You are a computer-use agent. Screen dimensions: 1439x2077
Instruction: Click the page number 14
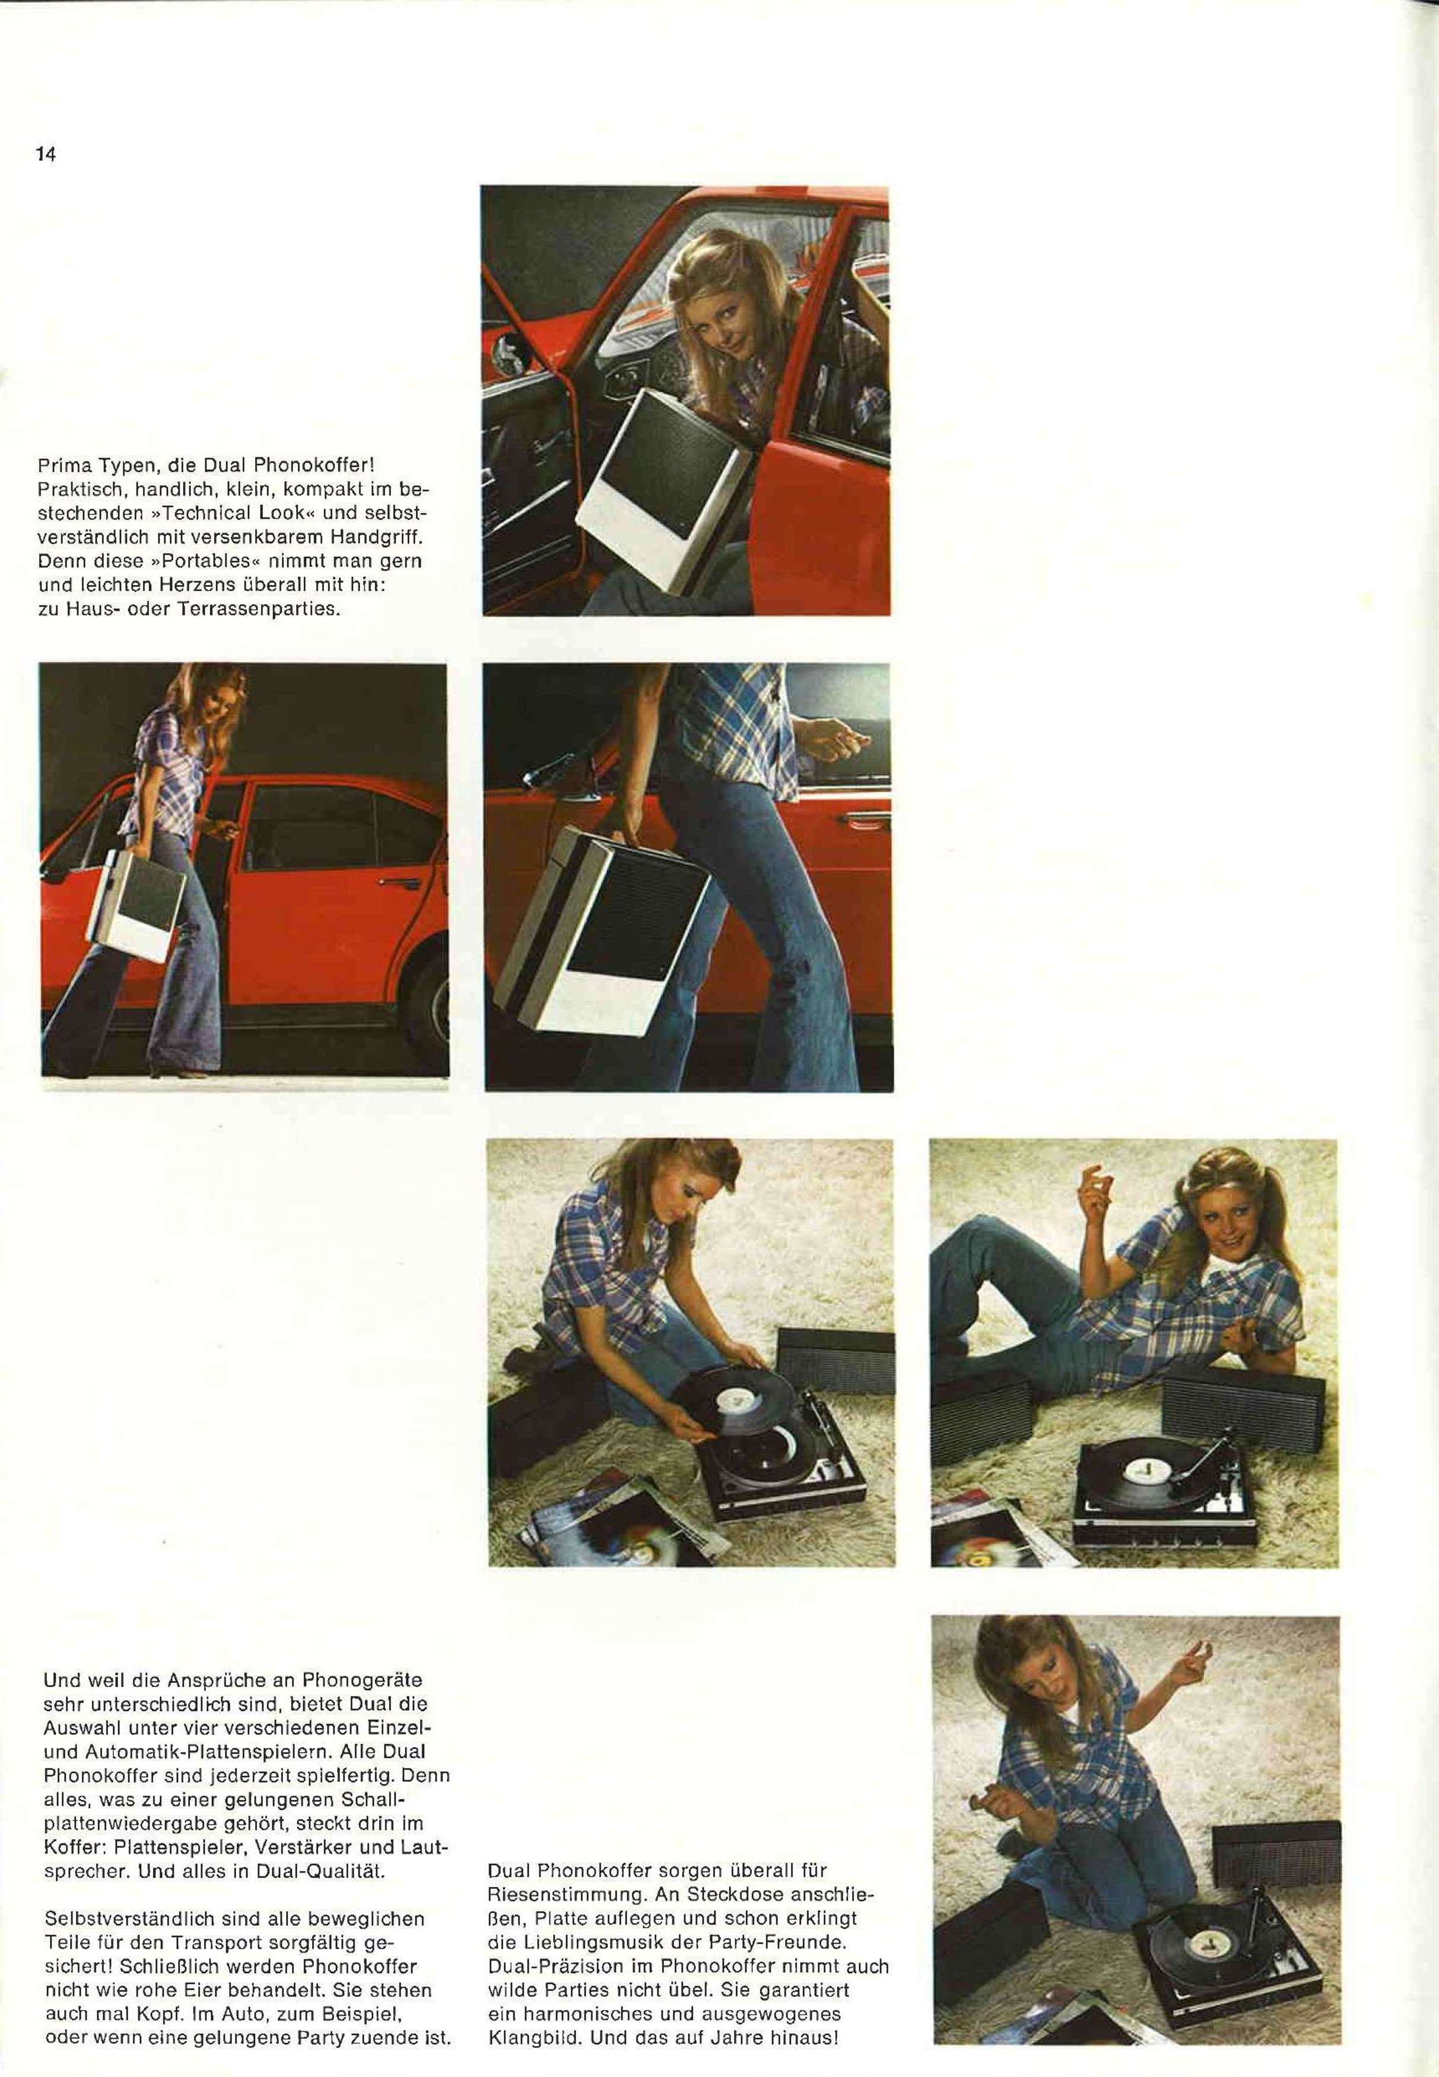46,154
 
